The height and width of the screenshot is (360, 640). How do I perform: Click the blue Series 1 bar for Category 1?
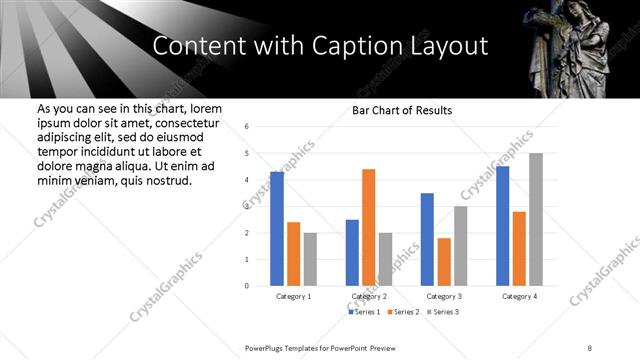277,229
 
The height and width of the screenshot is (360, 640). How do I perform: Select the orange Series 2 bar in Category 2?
368,227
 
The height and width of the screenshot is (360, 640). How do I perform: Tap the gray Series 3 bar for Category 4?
536,219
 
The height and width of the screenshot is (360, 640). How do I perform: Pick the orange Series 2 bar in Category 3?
443,262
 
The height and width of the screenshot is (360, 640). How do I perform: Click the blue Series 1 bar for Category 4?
502,226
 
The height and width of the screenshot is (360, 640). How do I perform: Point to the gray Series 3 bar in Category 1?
310,259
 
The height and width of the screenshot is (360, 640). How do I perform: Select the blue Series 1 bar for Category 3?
427,239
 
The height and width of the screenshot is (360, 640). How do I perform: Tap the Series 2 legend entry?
404,312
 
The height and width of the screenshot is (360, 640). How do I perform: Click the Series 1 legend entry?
366,312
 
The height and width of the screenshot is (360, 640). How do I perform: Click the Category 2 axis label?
368,297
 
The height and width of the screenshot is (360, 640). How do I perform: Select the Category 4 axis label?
519,297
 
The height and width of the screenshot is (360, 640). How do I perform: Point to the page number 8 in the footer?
590,346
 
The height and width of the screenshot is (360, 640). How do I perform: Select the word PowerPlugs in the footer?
267,346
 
